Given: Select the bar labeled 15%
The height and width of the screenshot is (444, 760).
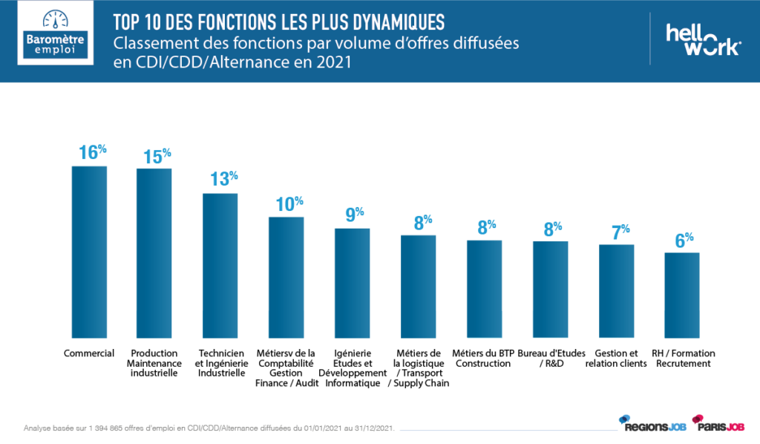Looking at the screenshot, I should [154, 252].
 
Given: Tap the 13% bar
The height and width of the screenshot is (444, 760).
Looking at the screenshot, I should [220, 265].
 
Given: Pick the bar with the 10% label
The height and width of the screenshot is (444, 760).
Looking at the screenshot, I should [286, 276].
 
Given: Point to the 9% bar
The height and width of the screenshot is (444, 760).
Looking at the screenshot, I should [352, 282].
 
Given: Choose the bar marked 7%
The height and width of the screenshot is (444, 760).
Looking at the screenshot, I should [617, 290].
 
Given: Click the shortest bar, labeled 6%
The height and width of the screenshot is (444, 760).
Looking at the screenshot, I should [682, 295].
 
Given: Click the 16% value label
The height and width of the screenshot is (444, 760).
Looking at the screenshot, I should [92, 153].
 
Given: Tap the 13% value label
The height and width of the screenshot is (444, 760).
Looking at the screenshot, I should [223, 180].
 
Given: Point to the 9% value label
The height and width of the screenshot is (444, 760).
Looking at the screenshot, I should [354, 215].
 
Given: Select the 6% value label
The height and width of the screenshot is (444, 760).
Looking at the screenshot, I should [684, 240].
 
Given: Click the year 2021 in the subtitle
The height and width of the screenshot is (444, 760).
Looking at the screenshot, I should [332, 63].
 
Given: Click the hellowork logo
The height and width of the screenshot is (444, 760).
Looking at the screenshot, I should [702, 39].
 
